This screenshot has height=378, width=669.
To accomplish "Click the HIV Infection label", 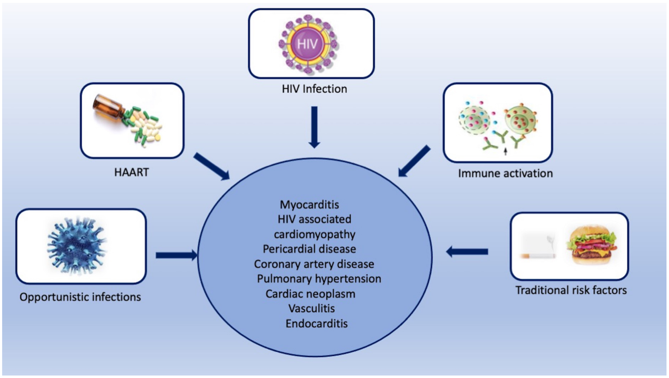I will coord(314,89).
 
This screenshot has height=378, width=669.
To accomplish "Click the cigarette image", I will coord(538,256).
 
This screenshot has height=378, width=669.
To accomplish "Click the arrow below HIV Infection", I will coord(314,127).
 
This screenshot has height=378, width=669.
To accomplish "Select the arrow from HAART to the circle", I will coord(212,166).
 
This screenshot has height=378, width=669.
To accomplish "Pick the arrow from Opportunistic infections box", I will coord(177,255).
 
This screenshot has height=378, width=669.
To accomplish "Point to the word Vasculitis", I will coord(311,309).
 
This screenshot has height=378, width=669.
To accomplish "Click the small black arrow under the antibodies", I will coord(505,152).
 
